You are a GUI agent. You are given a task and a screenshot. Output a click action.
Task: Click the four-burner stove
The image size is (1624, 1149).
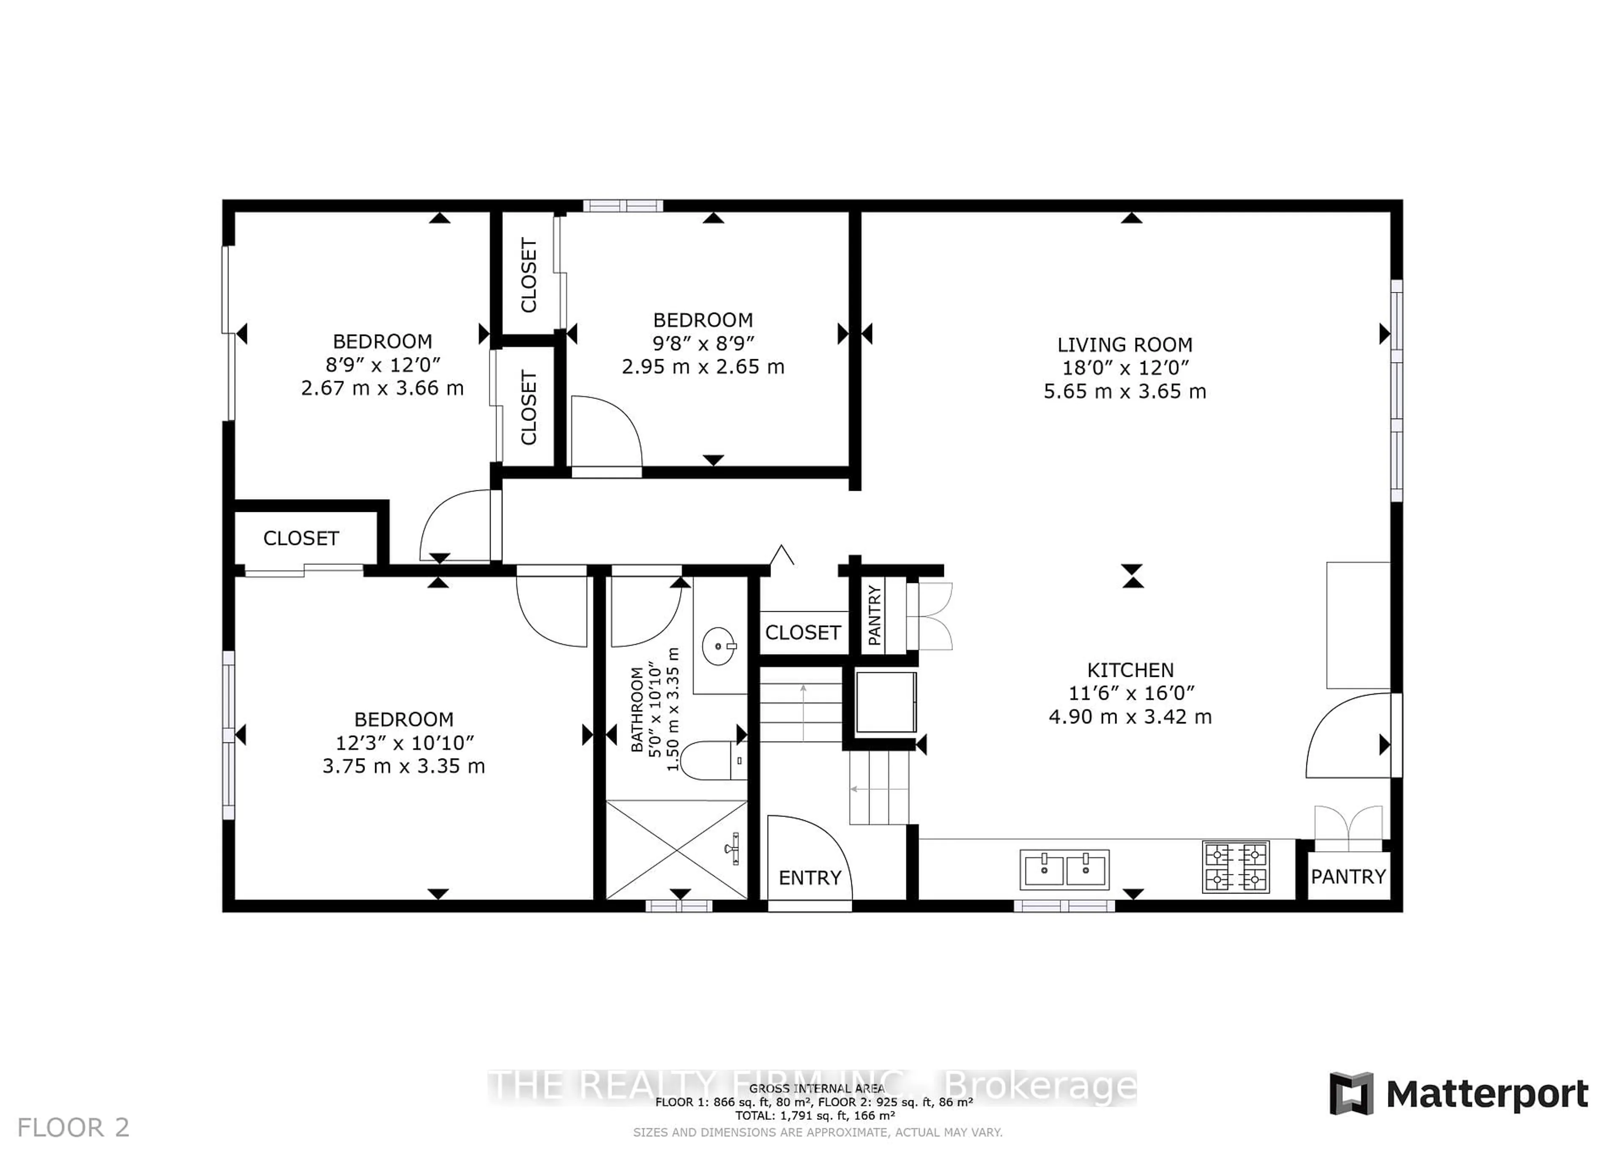(1235, 867)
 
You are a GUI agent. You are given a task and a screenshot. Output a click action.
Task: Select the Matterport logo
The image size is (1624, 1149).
(1459, 1094)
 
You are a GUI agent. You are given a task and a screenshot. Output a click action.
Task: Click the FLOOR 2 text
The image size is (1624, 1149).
(73, 1126)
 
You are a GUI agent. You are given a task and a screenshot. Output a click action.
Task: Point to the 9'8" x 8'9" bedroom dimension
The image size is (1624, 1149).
(702, 343)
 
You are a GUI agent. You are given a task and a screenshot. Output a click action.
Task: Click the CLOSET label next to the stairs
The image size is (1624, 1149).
(803, 632)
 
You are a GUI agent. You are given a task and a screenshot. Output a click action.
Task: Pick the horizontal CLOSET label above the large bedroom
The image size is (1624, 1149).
(301, 539)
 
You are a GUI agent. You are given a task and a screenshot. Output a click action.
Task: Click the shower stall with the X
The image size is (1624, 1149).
(677, 849)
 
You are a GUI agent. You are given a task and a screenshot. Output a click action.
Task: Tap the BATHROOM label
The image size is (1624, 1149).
(636, 709)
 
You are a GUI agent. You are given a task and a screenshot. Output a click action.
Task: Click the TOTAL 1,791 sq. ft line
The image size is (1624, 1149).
(815, 1116)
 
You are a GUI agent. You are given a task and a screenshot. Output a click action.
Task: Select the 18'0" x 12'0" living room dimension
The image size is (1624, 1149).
(1124, 368)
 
